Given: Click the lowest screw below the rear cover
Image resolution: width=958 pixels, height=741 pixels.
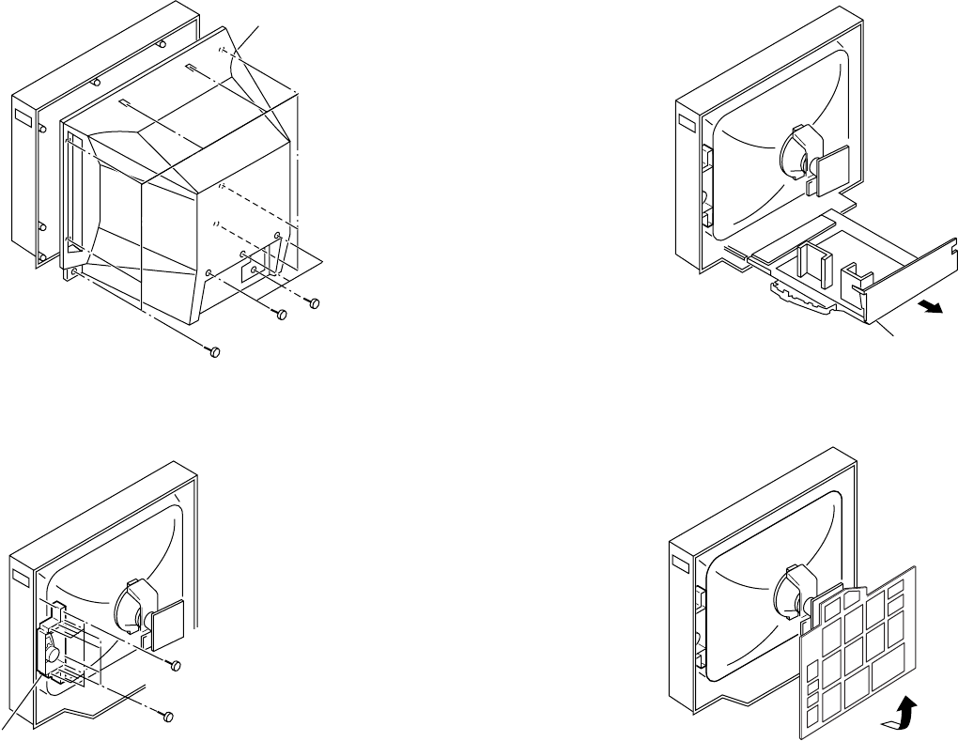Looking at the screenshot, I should click(213, 351).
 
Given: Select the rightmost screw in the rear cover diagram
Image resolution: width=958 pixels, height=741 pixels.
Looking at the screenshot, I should click(315, 302).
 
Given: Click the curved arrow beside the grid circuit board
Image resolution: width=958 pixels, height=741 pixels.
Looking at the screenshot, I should click(904, 713).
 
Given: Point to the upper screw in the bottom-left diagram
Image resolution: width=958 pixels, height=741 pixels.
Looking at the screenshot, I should click(174, 665).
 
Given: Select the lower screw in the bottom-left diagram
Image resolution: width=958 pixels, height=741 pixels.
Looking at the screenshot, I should click(166, 716).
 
